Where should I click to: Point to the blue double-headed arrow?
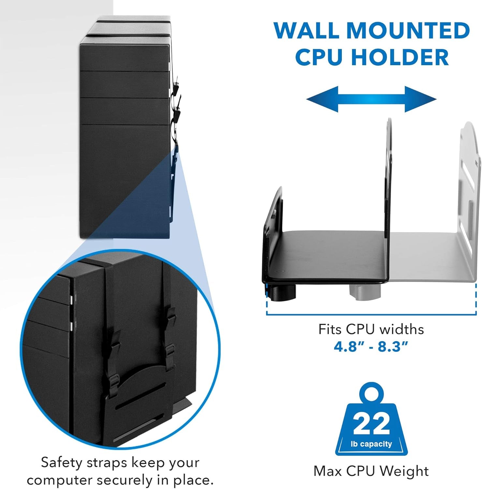[372, 99]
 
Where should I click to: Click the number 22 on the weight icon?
[372, 423]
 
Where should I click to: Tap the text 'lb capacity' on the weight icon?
[371, 444]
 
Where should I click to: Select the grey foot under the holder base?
[365, 290]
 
